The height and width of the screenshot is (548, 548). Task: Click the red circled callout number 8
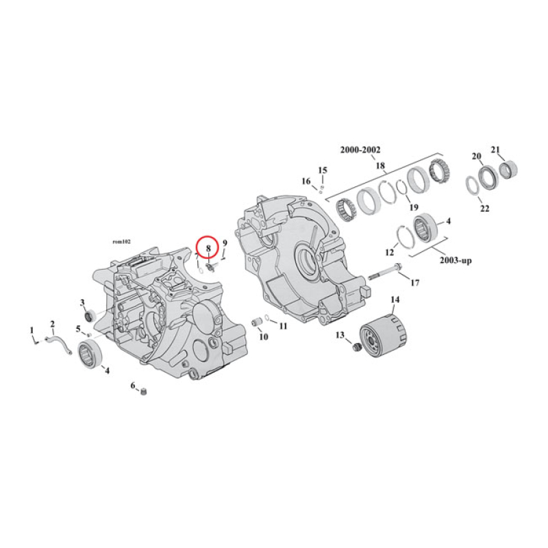pos(208,249)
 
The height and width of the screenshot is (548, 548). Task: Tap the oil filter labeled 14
pos(379,338)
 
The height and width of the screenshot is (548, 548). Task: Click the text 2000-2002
pos(361,150)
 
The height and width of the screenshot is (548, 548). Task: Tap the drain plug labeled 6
pos(144,392)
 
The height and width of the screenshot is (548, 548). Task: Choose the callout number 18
pos(380,165)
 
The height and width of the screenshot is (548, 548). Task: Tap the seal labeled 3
pos(89,315)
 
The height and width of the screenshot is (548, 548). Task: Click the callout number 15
pos(323,170)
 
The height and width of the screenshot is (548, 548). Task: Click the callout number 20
pos(477,156)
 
